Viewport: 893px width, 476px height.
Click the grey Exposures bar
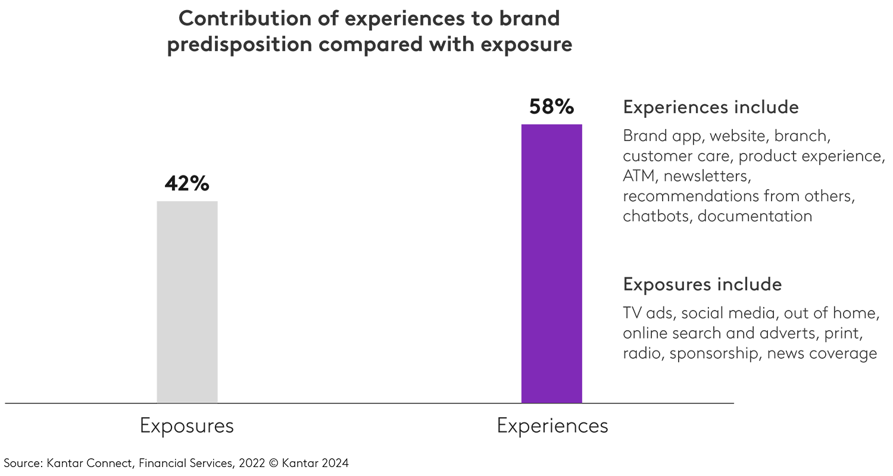pyautogui.click(x=187, y=302)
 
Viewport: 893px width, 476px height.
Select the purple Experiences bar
pyautogui.click(x=551, y=264)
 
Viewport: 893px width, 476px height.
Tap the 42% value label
pyautogui.click(x=187, y=184)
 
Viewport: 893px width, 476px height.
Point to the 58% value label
pyautogui.click(x=551, y=107)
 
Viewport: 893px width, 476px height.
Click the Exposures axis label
pyautogui.click(x=187, y=426)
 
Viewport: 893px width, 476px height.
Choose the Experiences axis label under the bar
pyautogui.click(x=552, y=426)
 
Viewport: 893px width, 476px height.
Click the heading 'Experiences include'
pyautogui.click(x=711, y=108)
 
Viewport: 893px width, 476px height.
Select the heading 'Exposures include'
pyautogui.click(x=702, y=284)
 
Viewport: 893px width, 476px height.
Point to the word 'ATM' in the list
pyautogui.click(x=640, y=176)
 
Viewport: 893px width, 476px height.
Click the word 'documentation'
pyautogui.click(x=755, y=216)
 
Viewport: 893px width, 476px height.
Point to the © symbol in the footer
pyautogui.click(x=273, y=463)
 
